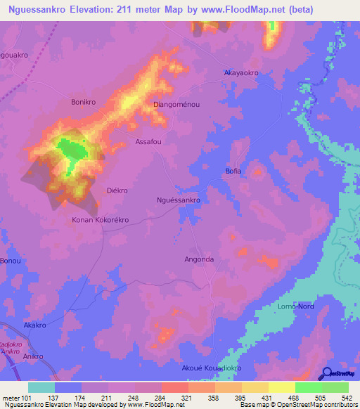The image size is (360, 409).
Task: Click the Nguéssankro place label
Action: click(178, 200)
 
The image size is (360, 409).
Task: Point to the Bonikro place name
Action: click(82, 102)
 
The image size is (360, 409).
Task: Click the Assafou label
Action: click(148, 141)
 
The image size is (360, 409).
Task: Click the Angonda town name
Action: click(198, 259)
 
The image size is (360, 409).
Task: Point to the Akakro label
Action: click(34, 326)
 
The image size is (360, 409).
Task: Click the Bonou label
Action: click(11, 261)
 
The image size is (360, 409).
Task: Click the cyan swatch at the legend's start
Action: click(41, 387)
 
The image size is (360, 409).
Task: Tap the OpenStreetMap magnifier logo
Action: click(326, 374)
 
